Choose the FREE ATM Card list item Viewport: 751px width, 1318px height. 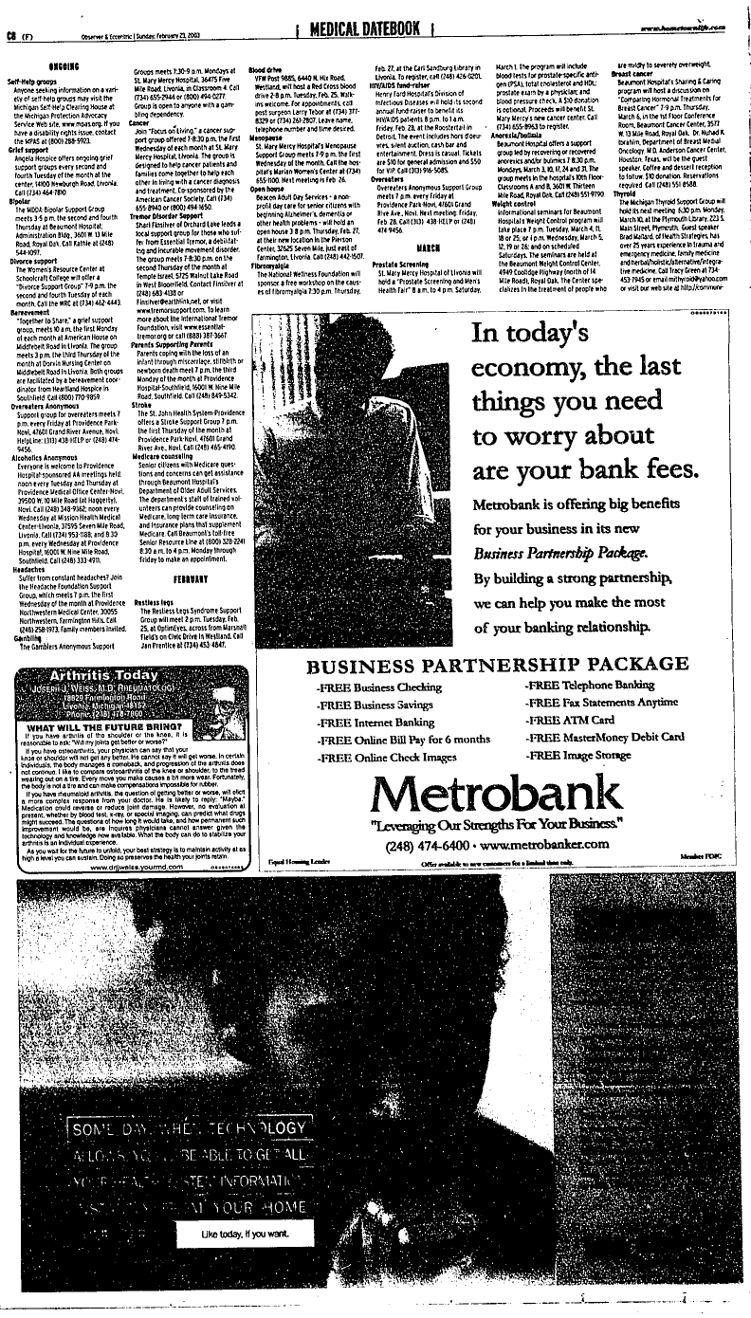[x=571, y=720]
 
